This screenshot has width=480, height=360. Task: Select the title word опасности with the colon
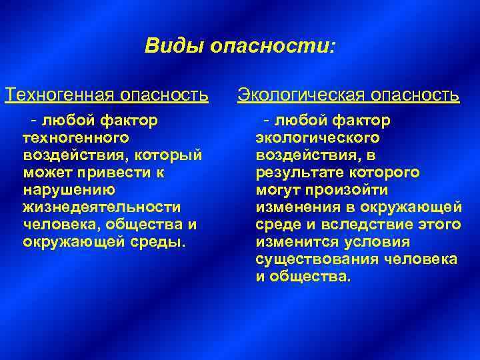tap(273, 46)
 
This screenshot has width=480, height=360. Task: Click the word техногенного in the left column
tap(75, 138)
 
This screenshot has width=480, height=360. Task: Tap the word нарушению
tap(69, 189)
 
